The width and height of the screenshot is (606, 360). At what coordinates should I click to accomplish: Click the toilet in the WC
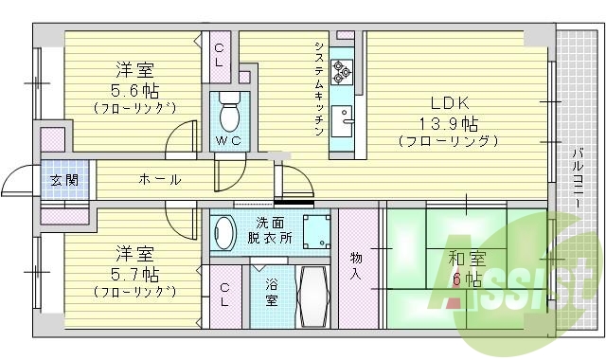(229, 114)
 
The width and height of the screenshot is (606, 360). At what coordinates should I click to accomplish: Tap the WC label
(227, 141)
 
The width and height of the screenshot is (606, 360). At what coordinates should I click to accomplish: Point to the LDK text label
(450, 103)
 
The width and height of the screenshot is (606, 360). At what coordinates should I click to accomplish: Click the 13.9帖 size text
(449, 122)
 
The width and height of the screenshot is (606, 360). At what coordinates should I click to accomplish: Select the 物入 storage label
(355, 265)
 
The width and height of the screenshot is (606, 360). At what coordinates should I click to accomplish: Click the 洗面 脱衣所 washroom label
(271, 229)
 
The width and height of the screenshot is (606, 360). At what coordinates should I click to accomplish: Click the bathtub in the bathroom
(312, 296)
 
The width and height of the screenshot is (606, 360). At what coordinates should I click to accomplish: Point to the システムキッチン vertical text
(320, 90)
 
